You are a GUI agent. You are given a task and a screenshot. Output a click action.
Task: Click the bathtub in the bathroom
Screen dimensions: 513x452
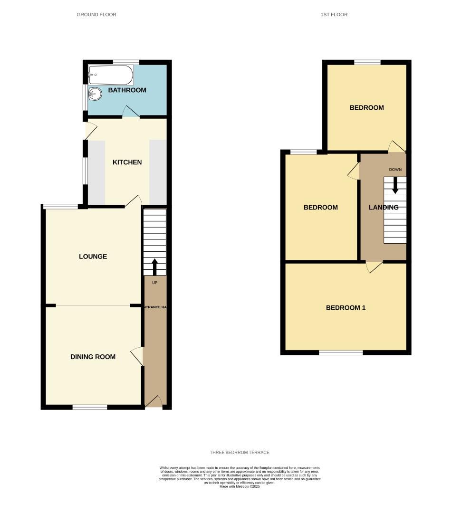point(111,75)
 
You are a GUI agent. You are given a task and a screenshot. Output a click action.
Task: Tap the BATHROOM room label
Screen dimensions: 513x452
point(127,90)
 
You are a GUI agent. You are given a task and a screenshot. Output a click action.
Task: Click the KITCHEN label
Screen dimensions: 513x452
point(127,162)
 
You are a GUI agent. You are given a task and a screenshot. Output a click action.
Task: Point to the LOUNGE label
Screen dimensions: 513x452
point(93,256)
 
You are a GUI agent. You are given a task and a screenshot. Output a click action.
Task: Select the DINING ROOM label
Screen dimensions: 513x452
point(93,357)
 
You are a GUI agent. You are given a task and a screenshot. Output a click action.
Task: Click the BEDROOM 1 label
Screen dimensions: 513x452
point(346,308)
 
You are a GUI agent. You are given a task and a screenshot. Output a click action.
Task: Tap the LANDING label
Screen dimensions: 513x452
point(384,208)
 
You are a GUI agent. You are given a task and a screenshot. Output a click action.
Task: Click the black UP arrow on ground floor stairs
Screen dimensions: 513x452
point(154,266)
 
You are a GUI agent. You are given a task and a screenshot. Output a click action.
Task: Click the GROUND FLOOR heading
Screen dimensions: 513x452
point(96,15)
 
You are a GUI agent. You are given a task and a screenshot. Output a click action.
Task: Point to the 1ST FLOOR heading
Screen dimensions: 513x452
point(334,15)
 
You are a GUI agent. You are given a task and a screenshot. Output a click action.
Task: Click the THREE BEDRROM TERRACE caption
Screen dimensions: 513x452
point(240,453)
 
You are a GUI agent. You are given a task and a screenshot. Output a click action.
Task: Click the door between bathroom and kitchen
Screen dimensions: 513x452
point(130,112)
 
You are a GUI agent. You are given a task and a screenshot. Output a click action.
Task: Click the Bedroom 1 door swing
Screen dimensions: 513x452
point(374,267)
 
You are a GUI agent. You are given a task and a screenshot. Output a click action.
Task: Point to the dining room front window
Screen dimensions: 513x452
point(90,407)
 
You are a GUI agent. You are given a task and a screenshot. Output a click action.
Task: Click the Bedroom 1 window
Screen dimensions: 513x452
point(340,352)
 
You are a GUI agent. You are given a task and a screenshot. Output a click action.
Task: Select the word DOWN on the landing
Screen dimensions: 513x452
point(395,170)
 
